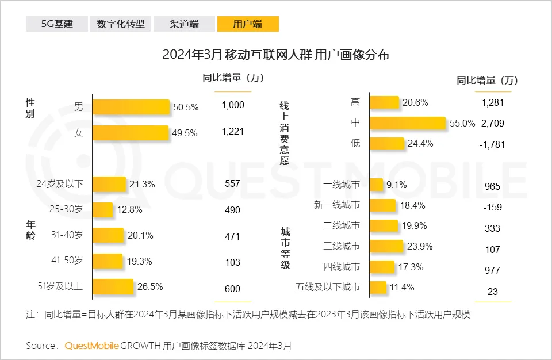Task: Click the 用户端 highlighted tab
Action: (247, 24)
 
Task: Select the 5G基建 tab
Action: (57, 24)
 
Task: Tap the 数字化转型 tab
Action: (121, 24)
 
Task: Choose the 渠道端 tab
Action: (184, 24)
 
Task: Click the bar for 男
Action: (131, 107)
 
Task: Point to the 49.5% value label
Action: (185, 133)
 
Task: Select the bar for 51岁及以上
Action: (113, 287)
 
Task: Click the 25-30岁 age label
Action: (68, 210)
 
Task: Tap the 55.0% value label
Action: (462, 123)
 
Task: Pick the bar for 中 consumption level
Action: (407, 123)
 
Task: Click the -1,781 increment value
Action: (493, 144)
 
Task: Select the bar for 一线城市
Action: (376, 185)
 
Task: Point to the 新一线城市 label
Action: (337, 205)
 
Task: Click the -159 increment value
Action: (492, 207)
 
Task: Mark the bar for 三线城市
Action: (386, 246)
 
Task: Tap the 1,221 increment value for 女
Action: (233, 132)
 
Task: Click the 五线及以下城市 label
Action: (327, 287)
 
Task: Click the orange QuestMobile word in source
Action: (91, 346)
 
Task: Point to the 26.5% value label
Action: (148, 287)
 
